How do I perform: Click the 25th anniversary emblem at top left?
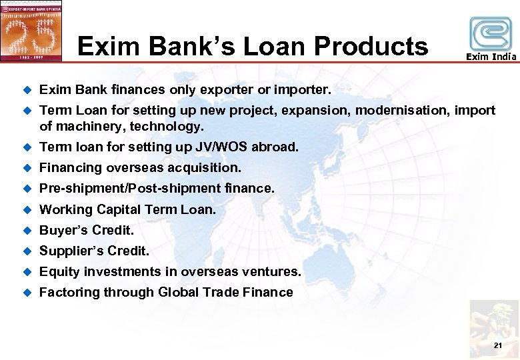[31, 31]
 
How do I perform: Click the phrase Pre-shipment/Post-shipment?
[129, 189]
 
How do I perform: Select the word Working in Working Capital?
[66, 209]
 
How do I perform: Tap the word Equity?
[59, 271]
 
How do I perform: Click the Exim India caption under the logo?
[491, 57]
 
